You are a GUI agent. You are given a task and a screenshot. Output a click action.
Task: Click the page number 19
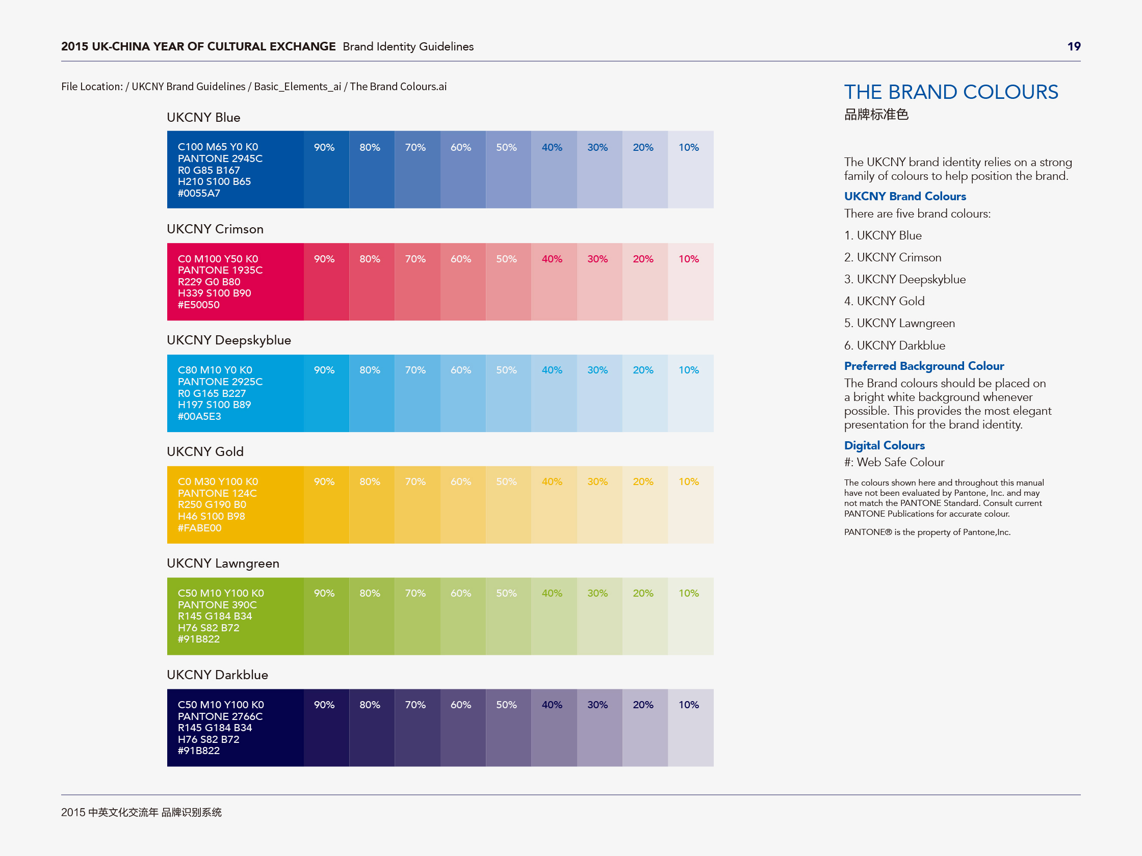coord(1074,46)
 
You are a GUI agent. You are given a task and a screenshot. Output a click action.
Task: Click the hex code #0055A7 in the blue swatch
coord(199,194)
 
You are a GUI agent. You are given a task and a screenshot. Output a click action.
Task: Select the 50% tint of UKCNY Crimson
coord(508,282)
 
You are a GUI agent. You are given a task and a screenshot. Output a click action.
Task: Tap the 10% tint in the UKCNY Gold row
coord(691,504)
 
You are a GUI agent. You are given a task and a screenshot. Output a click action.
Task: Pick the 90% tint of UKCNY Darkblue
coord(326,728)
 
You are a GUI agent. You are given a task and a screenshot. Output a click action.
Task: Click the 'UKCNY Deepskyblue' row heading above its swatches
coord(229,340)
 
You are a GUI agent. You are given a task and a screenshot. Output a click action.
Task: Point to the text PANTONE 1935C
coord(220,271)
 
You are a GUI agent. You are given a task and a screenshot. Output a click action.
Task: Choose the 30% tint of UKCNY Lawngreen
coord(600,616)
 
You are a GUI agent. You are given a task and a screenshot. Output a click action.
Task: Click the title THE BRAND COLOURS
coord(951,92)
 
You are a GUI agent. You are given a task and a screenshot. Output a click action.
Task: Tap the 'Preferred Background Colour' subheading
coord(924,366)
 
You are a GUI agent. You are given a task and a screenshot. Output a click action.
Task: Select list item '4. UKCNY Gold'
coord(884,301)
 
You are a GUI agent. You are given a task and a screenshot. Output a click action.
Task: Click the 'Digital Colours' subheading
coord(884,445)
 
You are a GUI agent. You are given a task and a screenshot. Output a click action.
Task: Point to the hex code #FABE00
coord(199,528)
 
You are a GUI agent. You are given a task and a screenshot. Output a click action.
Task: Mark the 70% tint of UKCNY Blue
coord(417,170)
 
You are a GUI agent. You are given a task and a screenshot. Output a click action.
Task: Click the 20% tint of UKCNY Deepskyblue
coord(645,393)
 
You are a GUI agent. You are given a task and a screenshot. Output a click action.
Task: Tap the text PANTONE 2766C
coord(220,716)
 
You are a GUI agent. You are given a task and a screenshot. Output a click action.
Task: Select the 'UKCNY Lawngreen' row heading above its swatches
coord(223,564)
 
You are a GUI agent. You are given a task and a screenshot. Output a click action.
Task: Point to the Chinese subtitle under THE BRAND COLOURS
coord(876,115)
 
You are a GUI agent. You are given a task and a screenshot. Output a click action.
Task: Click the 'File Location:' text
coord(92,87)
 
